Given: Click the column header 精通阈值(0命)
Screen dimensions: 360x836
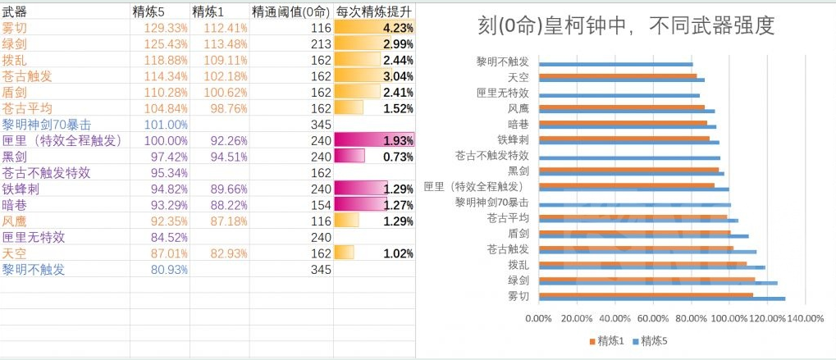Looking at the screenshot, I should pos(290,12).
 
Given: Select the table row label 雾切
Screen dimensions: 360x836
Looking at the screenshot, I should pos(15,28).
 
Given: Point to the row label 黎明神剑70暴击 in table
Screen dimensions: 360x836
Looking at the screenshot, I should pos(46,125).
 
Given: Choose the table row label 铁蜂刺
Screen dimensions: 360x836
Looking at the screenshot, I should pos(21,189).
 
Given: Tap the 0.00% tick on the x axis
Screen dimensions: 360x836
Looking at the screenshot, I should pos(538,318).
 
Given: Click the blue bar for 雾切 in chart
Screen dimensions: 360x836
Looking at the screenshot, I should pos(661,298).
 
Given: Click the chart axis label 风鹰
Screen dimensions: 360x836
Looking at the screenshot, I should pos(518,108).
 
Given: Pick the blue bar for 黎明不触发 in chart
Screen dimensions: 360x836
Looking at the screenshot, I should pos(615,64).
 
